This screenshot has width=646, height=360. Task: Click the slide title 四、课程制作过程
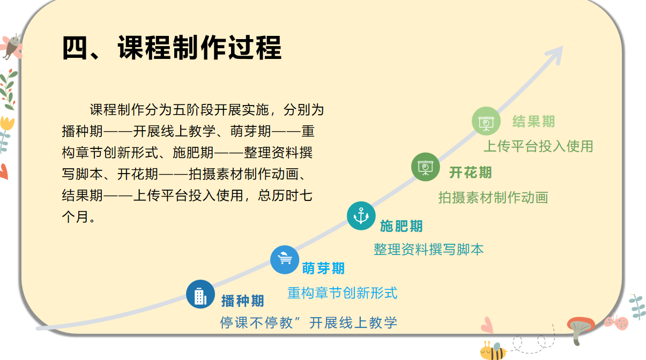click(172, 48)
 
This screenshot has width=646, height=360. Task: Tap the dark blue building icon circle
click(201, 294)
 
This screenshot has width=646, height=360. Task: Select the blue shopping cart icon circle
click(285, 260)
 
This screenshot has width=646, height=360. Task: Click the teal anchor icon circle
click(361, 215)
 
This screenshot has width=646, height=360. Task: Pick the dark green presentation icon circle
click(425, 167)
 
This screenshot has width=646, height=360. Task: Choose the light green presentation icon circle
click(486, 121)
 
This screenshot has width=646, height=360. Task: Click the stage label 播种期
click(242, 301)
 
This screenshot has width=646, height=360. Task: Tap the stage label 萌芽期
click(323, 268)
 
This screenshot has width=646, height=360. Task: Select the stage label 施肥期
click(401, 226)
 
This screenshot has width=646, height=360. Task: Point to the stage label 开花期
click(470, 172)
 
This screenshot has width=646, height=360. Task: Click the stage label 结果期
click(533, 122)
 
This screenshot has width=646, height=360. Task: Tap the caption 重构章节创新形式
click(343, 293)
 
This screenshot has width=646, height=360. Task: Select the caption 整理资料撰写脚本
click(428, 249)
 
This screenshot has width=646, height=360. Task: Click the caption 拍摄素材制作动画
click(493, 198)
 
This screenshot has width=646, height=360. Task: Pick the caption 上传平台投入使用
click(538, 146)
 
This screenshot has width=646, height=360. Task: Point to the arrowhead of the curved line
click(561, 48)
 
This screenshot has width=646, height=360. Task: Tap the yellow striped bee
click(493, 351)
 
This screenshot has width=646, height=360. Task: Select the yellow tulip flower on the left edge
click(7, 123)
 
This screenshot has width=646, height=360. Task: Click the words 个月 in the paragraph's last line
click(75, 217)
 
